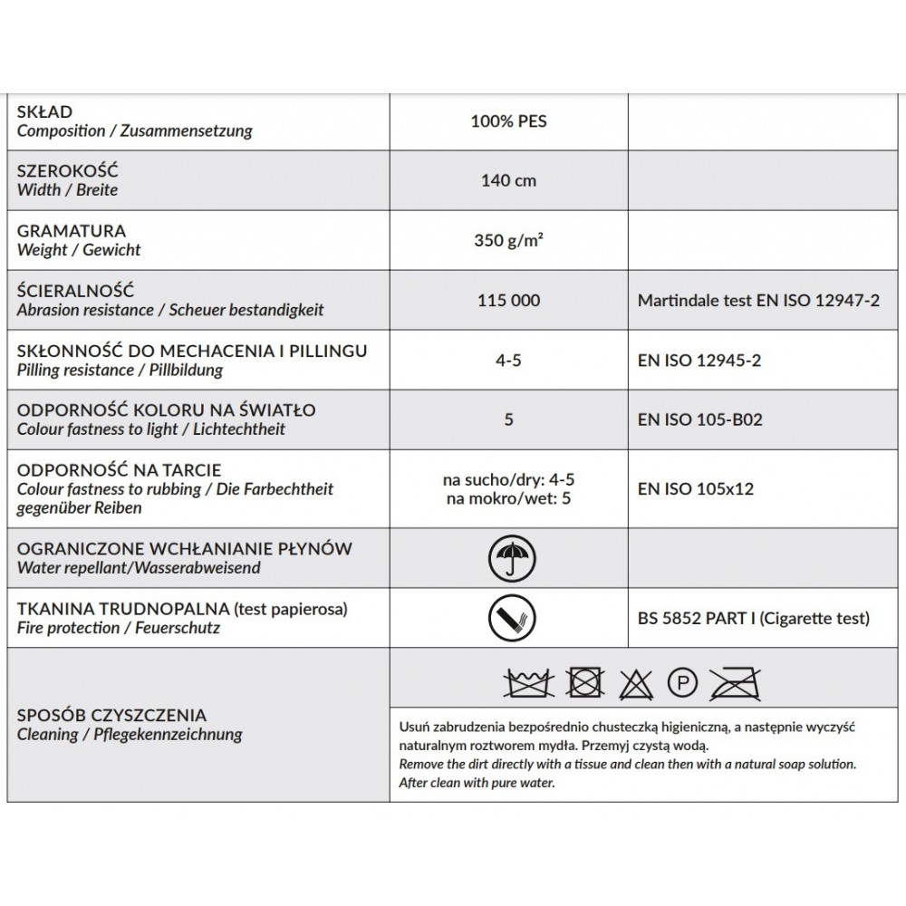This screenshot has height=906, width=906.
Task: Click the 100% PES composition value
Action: pos(508,120)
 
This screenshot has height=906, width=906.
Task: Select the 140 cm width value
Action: pos(508,180)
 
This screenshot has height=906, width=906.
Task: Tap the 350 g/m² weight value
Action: pos(508,241)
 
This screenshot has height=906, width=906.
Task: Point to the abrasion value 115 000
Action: pos(508,301)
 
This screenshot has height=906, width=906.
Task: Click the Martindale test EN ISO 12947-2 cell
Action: pos(759,301)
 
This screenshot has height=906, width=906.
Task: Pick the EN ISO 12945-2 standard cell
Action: pos(699,361)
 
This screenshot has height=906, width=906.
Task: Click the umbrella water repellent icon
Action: pos(508,559)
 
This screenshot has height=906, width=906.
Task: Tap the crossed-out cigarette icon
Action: pos(508,619)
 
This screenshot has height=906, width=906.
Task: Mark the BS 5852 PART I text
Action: pos(695,620)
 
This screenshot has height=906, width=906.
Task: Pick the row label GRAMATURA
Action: pos(72,232)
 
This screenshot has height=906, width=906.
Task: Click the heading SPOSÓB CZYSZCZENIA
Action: pos(111,715)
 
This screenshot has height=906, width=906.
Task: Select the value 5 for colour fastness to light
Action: pos(508,420)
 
